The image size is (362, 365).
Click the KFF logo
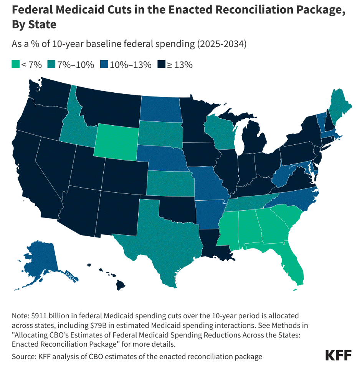tap(339, 355)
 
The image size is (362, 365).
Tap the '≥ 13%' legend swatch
tap(161, 65)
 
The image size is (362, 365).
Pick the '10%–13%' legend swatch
tap(103, 65)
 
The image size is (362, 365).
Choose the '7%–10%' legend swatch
tap(51, 65)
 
